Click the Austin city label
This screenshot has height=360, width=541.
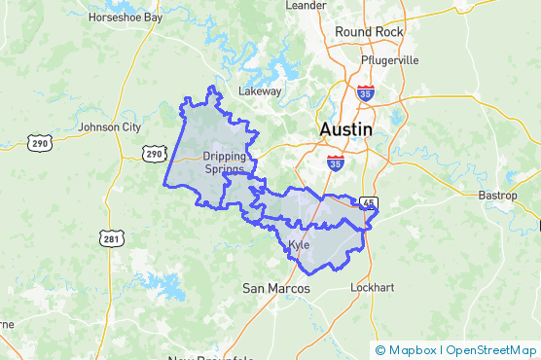345,129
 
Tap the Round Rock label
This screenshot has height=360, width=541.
368,32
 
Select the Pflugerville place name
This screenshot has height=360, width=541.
389,59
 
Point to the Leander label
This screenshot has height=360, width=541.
306,5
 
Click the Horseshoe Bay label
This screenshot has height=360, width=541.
126,18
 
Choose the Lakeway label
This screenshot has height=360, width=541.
260,91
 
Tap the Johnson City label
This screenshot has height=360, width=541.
109,126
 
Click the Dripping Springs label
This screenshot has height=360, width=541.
224,162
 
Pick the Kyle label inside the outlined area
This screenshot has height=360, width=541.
299,244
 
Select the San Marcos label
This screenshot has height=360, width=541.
275,289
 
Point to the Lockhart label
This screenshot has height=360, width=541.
375,289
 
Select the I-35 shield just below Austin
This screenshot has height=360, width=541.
335,162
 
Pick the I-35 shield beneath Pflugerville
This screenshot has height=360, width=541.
365,93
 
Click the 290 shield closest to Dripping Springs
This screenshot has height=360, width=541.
154,154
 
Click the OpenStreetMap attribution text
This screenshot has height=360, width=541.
489,350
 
